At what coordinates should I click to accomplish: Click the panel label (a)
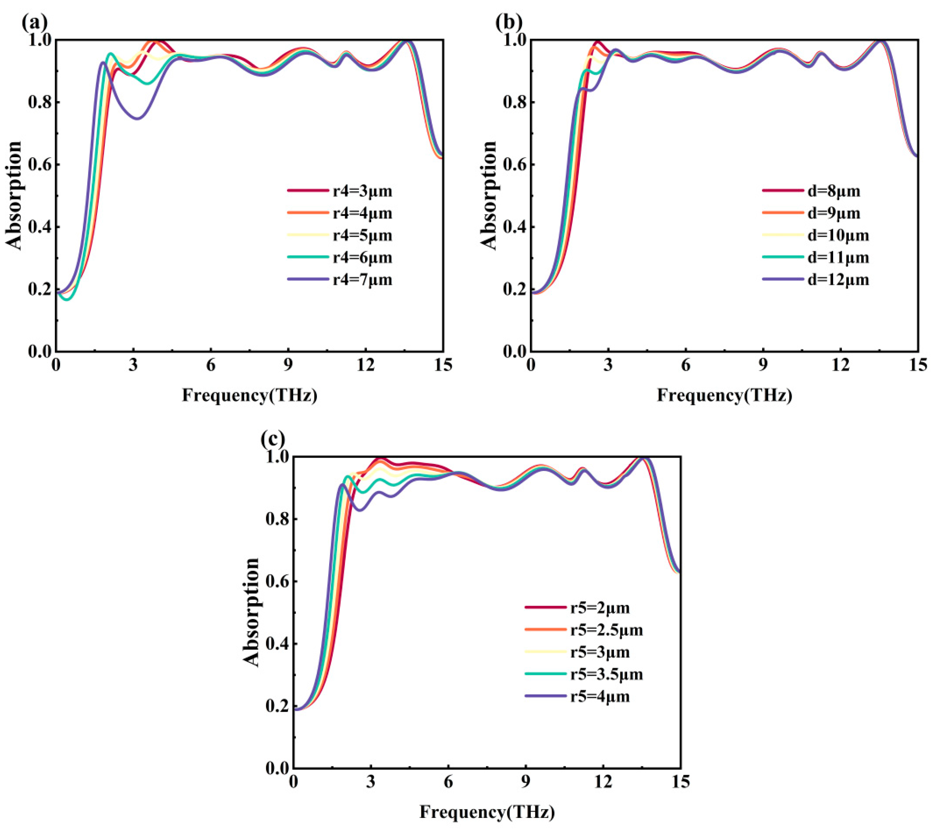(x=34, y=22)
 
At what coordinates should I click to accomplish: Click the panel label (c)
(x=273, y=439)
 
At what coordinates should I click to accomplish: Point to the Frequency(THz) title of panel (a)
(x=249, y=395)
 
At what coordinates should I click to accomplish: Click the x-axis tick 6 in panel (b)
(x=686, y=365)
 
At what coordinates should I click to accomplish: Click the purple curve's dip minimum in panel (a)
(x=137, y=119)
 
